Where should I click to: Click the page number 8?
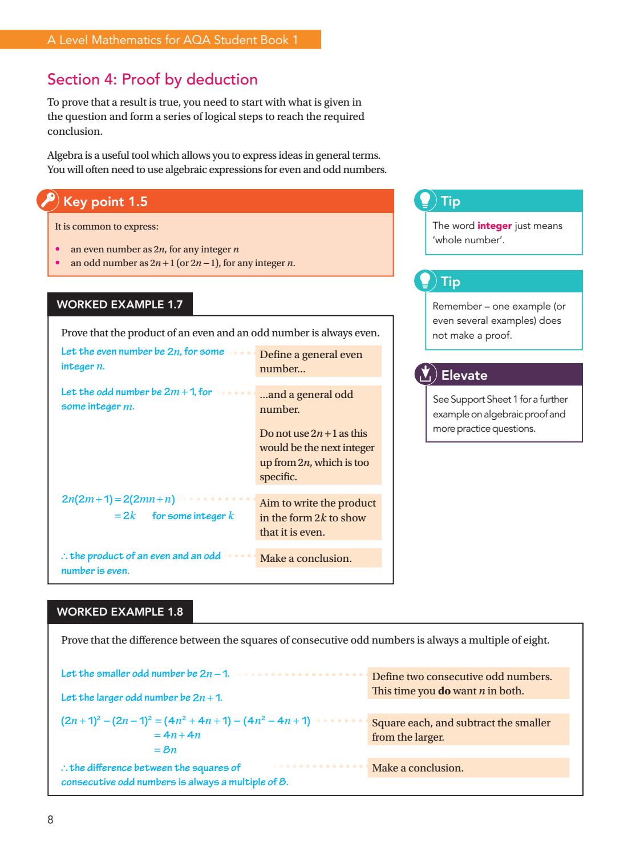(x=50, y=820)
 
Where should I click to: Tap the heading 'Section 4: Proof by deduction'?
(x=152, y=79)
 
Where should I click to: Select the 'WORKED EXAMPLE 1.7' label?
(x=120, y=304)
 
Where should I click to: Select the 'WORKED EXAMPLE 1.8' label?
(x=120, y=612)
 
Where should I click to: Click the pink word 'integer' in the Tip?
(x=495, y=226)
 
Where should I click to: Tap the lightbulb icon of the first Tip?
(x=426, y=200)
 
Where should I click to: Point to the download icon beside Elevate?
(x=425, y=375)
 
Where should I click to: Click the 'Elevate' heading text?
(x=464, y=375)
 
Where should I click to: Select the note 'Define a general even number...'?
(x=317, y=361)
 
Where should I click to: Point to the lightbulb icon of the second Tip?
(x=426, y=280)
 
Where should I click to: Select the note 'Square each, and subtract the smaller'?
(x=461, y=723)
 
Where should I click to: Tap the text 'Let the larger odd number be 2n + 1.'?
(x=141, y=698)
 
